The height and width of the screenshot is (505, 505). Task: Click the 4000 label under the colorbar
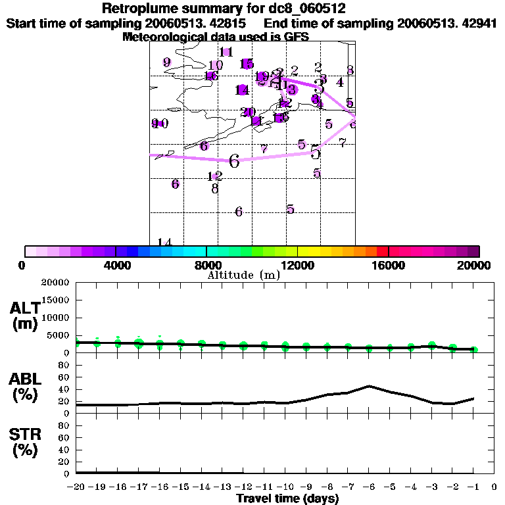point(115,265)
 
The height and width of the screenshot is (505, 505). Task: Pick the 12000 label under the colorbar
point(298,265)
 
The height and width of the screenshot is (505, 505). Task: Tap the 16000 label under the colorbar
point(389,265)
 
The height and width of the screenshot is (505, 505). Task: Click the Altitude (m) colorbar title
point(244,275)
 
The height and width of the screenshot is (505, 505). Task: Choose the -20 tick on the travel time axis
point(76,487)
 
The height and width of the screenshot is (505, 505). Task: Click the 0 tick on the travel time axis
point(494,487)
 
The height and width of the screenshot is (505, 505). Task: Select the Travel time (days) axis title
point(287,499)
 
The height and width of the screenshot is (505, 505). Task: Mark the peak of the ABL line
point(369,386)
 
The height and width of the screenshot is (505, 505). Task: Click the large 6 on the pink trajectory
point(233,161)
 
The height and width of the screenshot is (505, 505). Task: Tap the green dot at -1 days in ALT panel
point(473,350)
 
